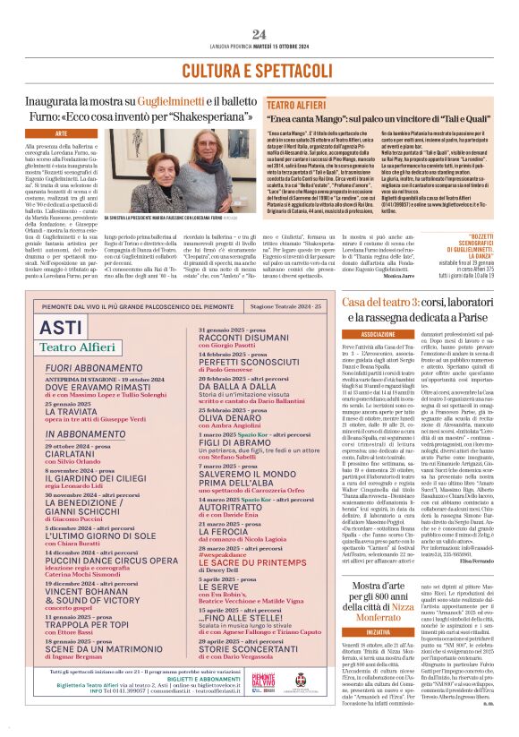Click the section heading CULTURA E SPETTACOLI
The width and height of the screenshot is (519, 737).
[x=259, y=71]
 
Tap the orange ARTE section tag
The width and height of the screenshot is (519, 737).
[x=61, y=133]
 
